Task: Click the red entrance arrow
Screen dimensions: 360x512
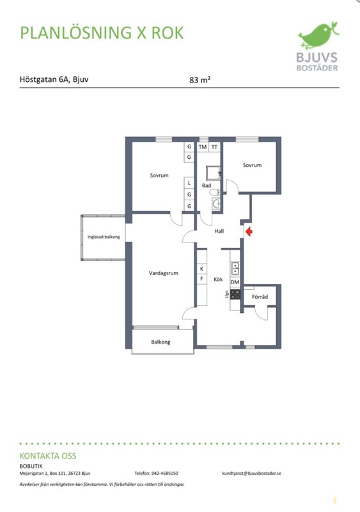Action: click(x=249, y=232)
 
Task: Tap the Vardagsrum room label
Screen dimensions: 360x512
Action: click(x=164, y=273)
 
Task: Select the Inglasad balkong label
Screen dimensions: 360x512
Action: click(x=104, y=237)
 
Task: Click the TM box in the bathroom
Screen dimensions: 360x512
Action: click(x=203, y=147)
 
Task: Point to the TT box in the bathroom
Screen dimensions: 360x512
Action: click(x=214, y=147)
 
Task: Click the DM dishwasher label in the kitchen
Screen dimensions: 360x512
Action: click(x=235, y=282)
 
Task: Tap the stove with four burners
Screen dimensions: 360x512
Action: click(x=235, y=294)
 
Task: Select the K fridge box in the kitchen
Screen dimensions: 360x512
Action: click(x=202, y=269)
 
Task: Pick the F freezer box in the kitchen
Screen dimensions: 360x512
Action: click(x=202, y=279)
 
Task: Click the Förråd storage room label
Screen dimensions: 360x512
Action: click(x=260, y=296)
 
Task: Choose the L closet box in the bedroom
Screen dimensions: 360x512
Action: click(x=189, y=183)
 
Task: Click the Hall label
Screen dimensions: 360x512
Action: click(x=219, y=231)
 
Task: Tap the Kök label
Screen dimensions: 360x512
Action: click(x=218, y=279)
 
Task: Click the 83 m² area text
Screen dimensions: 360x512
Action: click(x=200, y=79)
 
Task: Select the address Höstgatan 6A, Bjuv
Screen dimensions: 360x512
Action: click(x=54, y=79)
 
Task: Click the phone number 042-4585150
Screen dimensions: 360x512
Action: click(x=165, y=473)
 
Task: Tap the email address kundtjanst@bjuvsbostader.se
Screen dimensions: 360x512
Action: click(x=252, y=473)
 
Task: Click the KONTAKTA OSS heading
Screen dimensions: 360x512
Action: click(x=48, y=456)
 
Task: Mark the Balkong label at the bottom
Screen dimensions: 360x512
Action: click(x=160, y=342)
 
